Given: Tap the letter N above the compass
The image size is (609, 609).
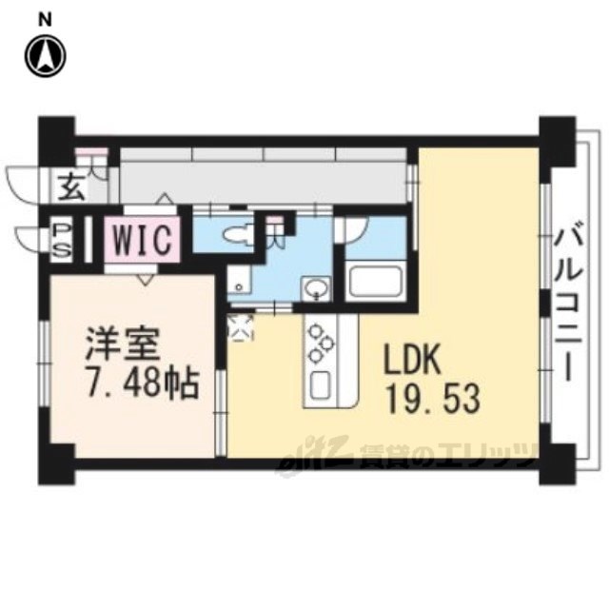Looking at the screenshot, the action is tap(46, 21).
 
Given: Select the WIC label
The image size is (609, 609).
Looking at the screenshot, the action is tap(142, 239).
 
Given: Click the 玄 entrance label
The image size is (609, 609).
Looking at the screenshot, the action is tap(71, 187).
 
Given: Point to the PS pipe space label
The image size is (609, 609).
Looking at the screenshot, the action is tap(63, 238).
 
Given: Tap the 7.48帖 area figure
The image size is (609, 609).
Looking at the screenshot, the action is tap(142, 384).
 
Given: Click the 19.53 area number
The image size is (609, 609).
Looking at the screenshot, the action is tap(434, 399).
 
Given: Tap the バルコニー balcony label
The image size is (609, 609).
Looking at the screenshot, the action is tap(569, 301).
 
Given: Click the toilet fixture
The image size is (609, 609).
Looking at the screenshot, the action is tap(237, 234).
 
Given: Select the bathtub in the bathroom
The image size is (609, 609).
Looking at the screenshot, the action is tap(375, 281).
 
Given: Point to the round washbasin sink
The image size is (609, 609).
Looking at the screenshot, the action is tap(317, 289).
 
